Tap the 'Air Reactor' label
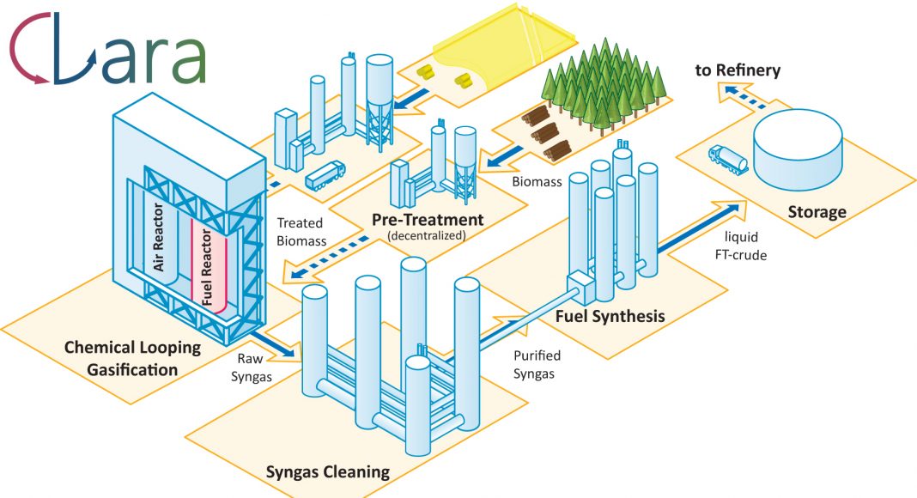tap(159, 237)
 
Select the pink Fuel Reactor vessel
tap(208, 266)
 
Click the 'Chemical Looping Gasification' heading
tap(132, 359)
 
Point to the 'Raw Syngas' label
tap(252, 367)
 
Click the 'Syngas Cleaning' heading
tap(327, 471)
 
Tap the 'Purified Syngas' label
tap(537, 365)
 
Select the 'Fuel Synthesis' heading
tap(610, 316)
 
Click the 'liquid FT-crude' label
tap(741, 246)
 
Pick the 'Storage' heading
tap(817, 211)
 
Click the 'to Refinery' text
tap(738, 70)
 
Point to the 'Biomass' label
tap(537, 182)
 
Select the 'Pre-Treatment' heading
tap(428, 220)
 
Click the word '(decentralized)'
tap(427, 236)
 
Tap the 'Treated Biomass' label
tap(301, 232)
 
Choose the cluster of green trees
tap(603, 82)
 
